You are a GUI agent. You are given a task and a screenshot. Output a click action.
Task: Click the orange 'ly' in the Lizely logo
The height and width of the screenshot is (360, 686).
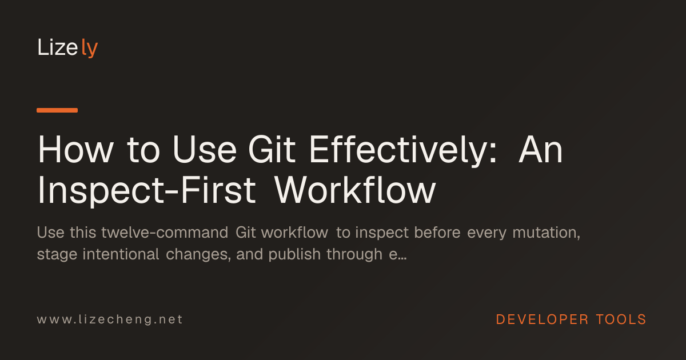89,48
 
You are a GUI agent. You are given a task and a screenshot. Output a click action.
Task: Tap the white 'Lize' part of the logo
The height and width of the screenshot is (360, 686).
58,47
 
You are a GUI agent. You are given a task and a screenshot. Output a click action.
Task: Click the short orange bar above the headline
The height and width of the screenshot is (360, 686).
57,110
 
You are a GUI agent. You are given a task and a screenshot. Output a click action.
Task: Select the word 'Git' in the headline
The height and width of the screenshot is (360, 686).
272,150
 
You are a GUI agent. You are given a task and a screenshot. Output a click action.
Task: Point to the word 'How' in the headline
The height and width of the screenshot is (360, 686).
75,150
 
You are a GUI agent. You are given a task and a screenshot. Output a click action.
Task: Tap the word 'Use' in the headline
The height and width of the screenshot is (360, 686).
205,150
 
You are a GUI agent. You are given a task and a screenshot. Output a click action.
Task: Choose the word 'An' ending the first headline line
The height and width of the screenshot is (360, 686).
541,150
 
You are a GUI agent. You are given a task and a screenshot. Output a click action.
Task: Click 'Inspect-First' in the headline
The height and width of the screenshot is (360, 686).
146,191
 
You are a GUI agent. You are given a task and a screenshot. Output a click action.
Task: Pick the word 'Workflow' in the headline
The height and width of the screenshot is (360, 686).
355,190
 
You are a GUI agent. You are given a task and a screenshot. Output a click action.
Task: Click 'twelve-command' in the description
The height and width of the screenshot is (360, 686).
165,233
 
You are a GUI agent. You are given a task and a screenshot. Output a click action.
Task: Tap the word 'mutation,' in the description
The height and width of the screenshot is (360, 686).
547,233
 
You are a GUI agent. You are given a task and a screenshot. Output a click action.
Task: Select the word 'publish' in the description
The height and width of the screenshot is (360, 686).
294,255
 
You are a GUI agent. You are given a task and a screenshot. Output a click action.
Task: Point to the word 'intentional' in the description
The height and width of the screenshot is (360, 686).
121,254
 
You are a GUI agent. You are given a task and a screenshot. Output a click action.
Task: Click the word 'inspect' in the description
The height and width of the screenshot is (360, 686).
382,233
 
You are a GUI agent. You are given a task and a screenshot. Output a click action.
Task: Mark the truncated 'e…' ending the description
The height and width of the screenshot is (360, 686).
398,255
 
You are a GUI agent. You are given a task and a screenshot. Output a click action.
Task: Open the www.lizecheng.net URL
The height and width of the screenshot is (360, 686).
110,320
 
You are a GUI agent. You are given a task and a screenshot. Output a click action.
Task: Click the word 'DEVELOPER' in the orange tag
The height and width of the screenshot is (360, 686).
542,319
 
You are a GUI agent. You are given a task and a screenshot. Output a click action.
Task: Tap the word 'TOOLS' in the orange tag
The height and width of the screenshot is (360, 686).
621,319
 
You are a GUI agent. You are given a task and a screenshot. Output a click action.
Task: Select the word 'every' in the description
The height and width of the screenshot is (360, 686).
486,233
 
